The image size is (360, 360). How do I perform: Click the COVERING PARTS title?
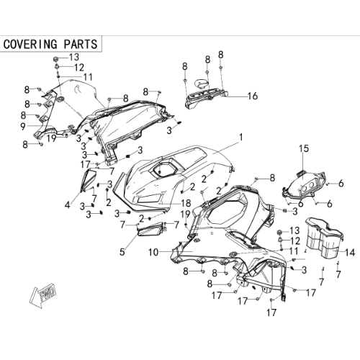pos(50,44)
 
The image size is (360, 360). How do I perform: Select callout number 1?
pos(240,138)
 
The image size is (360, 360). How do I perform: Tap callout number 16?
pos(253,96)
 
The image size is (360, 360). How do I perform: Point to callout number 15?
pos(304,148)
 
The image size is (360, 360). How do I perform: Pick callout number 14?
pos(350,253)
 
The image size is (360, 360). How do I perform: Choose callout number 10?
pos(153,252)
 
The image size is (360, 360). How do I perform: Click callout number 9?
pos(23,127)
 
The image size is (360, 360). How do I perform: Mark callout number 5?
pos(122,252)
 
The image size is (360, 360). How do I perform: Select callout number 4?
pos(68,204)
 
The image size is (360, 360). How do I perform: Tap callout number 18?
pos(186,203)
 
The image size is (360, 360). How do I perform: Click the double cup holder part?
pos(324,238)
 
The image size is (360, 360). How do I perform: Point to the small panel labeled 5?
pos(151,229)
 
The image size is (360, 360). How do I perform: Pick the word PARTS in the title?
pos(81,44)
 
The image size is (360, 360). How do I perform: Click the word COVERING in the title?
pos(30,44)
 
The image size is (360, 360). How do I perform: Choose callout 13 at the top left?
pos(74,57)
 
